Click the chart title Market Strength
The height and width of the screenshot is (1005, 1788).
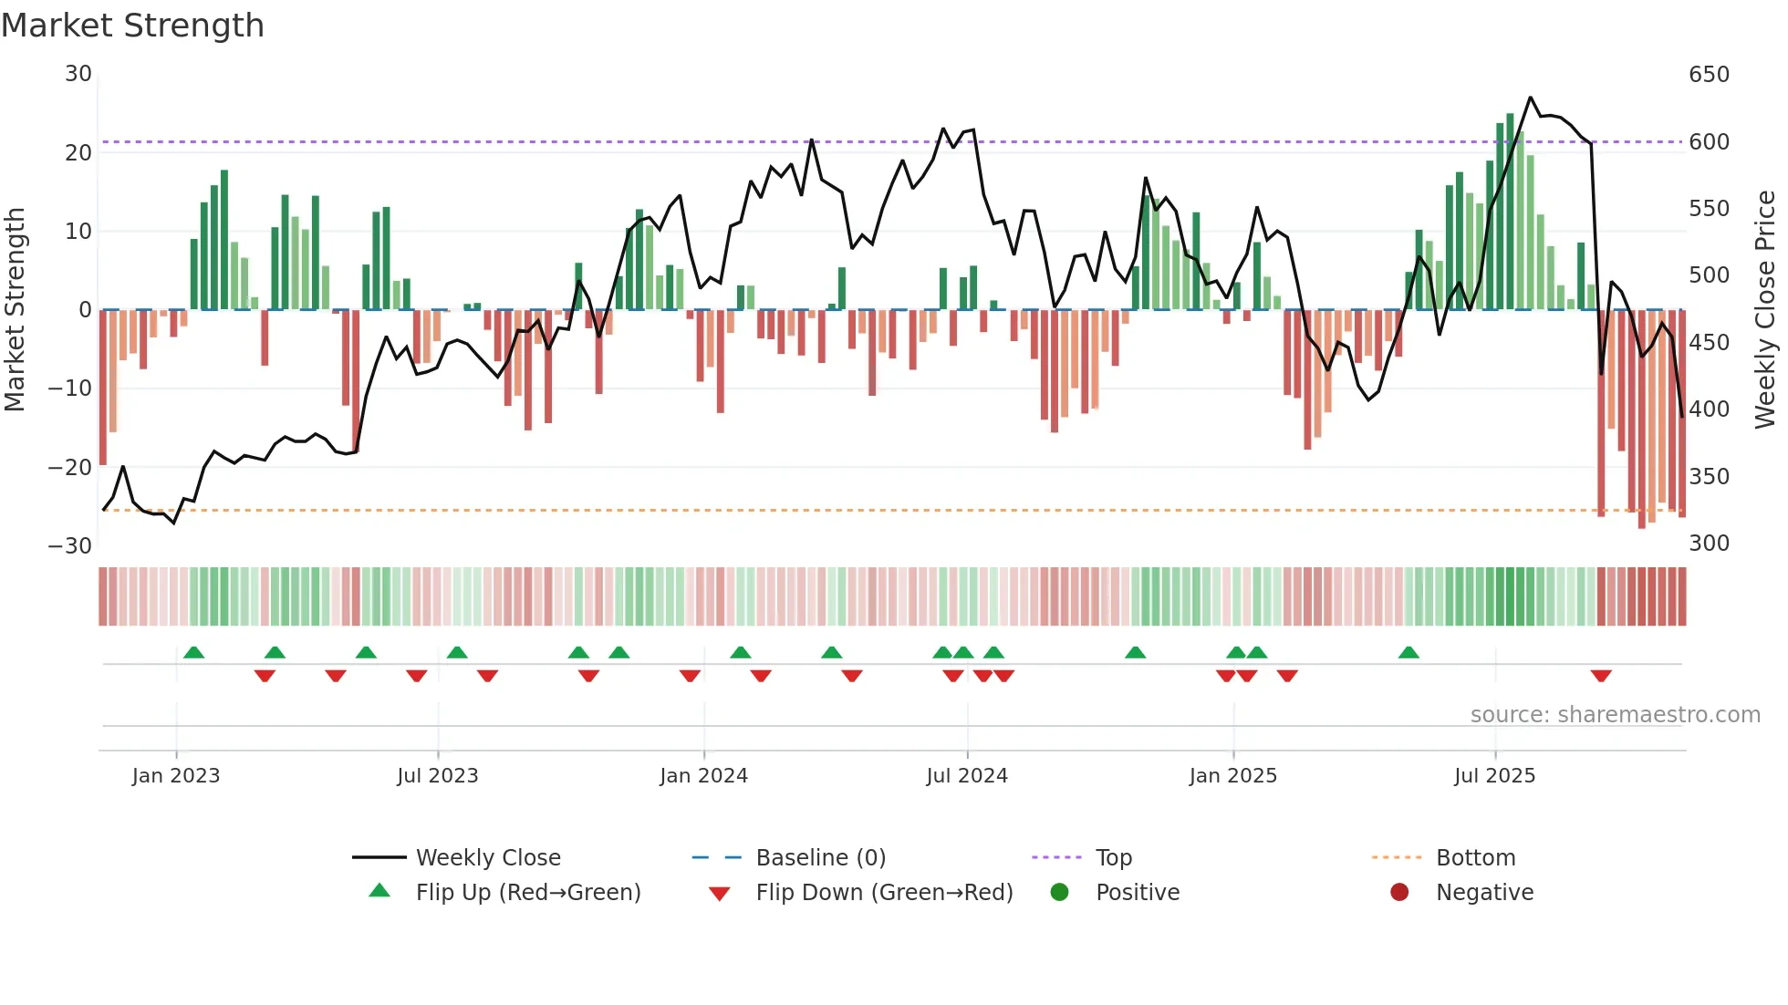point(132,26)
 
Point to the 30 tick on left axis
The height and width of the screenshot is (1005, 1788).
point(78,74)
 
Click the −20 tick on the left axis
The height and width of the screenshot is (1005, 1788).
point(71,468)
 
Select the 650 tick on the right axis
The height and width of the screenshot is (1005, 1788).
point(1709,75)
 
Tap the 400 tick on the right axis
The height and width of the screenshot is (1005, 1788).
point(1709,409)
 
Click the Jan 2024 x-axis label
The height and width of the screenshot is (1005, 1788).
point(703,776)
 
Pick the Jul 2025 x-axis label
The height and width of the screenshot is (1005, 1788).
point(1494,776)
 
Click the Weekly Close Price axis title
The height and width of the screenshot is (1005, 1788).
point(1765,310)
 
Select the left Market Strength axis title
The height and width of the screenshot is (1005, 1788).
point(16,310)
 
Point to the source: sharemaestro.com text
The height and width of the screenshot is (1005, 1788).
point(1615,715)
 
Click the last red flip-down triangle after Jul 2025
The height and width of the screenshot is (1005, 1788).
point(1601,676)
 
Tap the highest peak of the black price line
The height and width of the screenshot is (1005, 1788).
point(1531,98)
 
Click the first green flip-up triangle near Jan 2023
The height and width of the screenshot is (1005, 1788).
point(193,652)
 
